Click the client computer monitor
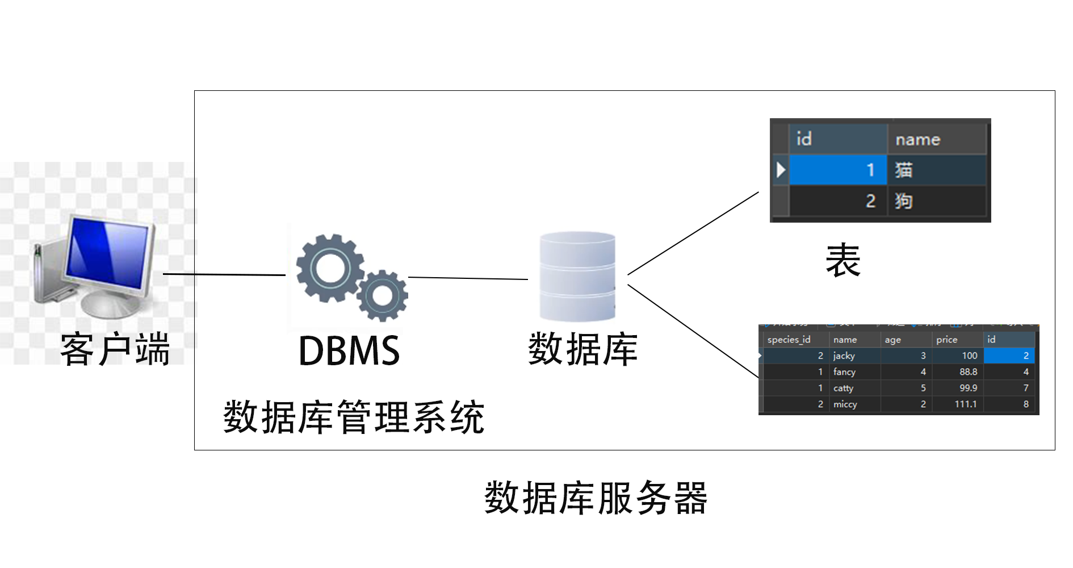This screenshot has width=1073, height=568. point(108,253)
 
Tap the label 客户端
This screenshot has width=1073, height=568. point(115,349)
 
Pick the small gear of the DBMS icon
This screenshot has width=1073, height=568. point(382,295)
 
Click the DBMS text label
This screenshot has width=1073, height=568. point(349,350)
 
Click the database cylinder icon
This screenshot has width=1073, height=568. point(577,277)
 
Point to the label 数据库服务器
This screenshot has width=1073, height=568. point(596,498)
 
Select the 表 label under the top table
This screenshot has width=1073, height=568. point(843,261)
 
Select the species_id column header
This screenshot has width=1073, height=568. point(789,340)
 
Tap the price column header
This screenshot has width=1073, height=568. point(947,340)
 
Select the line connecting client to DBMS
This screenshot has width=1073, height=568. point(224,274)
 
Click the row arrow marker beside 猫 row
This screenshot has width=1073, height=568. point(781,170)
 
